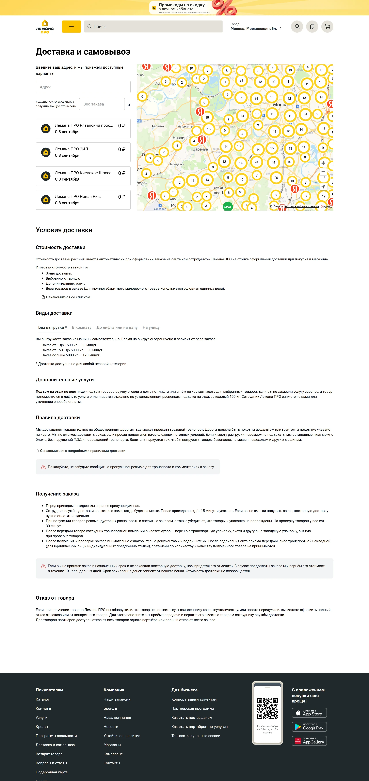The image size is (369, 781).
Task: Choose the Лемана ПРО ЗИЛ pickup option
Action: pyautogui.click(x=83, y=152)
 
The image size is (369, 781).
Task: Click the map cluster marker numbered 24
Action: pyautogui.click(x=256, y=162)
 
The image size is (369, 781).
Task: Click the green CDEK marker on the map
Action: pyautogui.click(x=228, y=207)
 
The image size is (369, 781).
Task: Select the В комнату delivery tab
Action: pyautogui.click(x=82, y=327)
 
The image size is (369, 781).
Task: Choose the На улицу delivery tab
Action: pyautogui.click(x=151, y=327)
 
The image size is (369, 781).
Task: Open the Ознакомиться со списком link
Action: pyautogui.click(x=68, y=297)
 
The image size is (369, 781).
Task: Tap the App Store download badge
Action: pyautogui.click(x=309, y=713)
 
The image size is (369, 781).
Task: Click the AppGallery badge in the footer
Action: pyautogui.click(x=309, y=741)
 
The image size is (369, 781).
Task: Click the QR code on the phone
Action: pyautogui.click(x=267, y=709)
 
